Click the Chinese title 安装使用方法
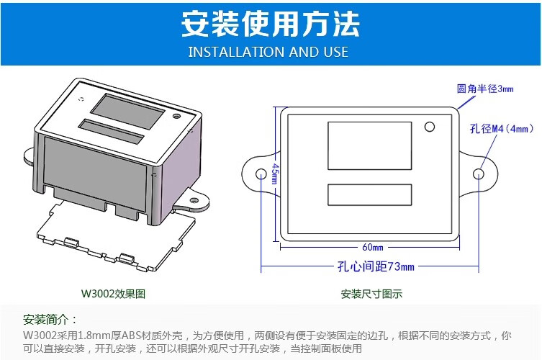(x=271, y=24)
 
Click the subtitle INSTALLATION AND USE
(x=268, y=52)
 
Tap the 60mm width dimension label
(x=373, y=247)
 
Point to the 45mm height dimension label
(x=275, y=174)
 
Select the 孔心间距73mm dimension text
(x=376, y=266)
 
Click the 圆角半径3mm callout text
(x=485, y=89)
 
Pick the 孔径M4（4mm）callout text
(x=502, y=129)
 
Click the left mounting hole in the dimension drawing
(x=261, y=174)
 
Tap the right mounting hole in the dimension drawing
(x=479, y=174)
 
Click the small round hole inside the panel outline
(x=429, y=127)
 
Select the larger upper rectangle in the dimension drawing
(x=369, y=145)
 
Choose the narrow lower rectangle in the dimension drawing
(x=369, y=194)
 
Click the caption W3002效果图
(x=113, y=294)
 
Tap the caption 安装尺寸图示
(x=371, y=294)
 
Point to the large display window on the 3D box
(x=127, y=112)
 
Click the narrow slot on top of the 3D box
(x=111, y=132)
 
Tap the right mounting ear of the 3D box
(x=192, y=202)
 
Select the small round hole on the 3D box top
(x=176, y=116)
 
